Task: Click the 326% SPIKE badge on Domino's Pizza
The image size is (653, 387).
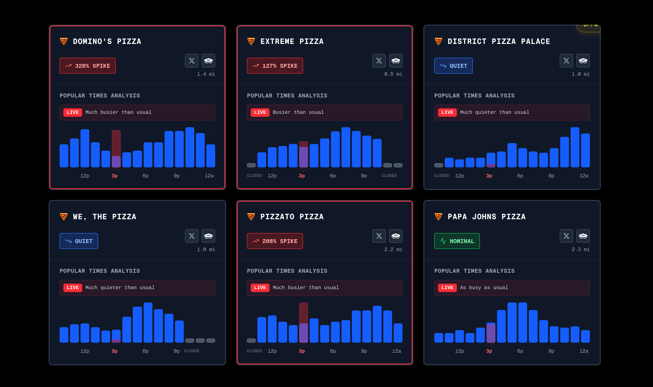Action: pyautogui.click(x=87, y=66)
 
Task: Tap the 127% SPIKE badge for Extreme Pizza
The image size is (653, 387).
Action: pyautogui.click(x=275, y=66)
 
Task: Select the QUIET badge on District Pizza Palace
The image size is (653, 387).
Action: pyautogui.click(x=453, y=66)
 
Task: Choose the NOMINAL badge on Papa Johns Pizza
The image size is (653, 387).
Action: pyautogui.click(x=457, y=241)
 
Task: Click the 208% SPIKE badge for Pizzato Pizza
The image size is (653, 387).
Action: pyautogui.click(x=275, y=241)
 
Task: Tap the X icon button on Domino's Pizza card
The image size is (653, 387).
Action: pyautogui.click(x=192, y=61)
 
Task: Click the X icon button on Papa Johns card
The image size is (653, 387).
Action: pyautogui.click(x=566, y=236)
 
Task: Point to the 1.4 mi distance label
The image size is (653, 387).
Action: pyautogui.click(x=206, y=74)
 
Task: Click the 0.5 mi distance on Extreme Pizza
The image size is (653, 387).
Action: pyautogui.click(x=393, y=74)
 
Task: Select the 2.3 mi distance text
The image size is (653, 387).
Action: pyautogui.click(x=580, y=250)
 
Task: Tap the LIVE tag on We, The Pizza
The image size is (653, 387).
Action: pyautogui.click(x=73, y=288)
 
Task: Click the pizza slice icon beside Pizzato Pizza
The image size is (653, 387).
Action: pyautogui.click(x=251, y=217)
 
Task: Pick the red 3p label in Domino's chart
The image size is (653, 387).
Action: pyautogui.click(x=114, y=176)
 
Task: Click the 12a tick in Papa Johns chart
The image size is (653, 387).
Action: pyautogui.click(x=584, y=351)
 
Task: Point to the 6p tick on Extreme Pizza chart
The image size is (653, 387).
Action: pyautogui.click(x=333, y=176)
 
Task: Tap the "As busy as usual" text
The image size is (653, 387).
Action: pyautogui.click(x=484, y=288)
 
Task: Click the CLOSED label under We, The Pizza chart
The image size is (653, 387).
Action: pyautogui.click(x=191, y=351)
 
